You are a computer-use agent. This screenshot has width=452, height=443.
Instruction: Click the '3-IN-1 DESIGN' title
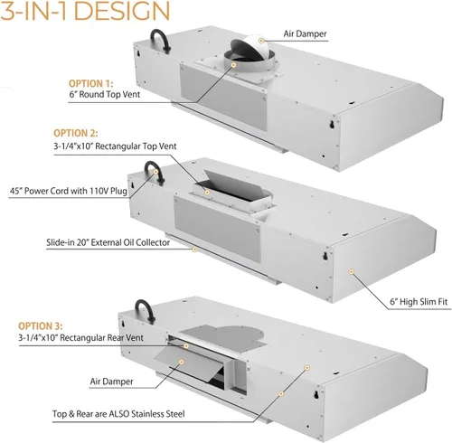85,11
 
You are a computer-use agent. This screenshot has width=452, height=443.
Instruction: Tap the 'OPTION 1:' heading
91,83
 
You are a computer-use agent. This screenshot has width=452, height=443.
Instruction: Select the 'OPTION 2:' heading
76,133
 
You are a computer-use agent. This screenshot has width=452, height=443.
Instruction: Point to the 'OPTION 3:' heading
41,326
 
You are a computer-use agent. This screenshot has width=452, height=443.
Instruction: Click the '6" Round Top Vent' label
105,94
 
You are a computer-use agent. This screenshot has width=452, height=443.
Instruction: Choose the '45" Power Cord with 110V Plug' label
69,191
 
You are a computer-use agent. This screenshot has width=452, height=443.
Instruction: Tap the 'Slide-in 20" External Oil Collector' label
108,242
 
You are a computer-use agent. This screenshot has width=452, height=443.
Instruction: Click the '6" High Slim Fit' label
419,302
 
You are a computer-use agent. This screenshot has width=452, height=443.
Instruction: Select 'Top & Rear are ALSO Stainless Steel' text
118,414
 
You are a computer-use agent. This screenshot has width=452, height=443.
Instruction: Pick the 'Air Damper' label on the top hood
305,33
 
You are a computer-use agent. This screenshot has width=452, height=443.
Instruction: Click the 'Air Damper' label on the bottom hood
111,382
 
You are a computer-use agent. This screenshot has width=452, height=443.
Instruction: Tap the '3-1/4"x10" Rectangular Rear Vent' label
80,337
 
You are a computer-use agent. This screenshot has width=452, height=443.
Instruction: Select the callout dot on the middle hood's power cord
155,172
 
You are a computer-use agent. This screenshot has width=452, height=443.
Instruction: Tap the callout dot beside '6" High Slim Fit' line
351,272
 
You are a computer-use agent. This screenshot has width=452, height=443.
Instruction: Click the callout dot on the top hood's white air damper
261,41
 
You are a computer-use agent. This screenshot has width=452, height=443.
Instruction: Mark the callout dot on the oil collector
195,250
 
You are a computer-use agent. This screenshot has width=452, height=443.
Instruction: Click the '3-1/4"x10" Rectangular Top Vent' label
115,146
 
